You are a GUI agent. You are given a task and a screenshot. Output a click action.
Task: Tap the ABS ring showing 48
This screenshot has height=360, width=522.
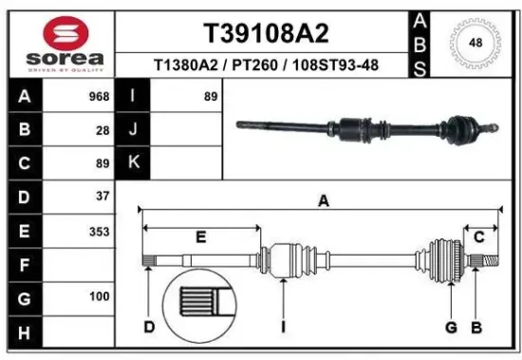coord(474,43)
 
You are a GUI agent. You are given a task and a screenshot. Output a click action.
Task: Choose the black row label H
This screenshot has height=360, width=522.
coord(23,332)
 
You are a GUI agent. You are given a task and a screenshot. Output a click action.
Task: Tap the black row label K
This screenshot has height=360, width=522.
coord(133,163)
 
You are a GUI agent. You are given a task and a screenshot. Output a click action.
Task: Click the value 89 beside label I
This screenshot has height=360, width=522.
coord(210,97)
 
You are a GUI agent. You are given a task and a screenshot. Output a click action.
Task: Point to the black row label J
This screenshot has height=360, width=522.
coord(133,130)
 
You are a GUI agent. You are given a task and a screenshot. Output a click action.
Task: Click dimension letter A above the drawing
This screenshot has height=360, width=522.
coord(323,201)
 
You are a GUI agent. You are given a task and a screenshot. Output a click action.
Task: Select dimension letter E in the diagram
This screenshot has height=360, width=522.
coord(200,236)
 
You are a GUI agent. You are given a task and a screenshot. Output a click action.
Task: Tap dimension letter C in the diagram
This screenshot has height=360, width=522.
coord(479,236)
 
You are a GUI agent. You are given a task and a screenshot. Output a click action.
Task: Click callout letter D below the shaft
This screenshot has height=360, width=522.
coord(149,328)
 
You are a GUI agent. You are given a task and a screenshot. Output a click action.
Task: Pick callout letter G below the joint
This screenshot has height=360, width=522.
coord(452,328)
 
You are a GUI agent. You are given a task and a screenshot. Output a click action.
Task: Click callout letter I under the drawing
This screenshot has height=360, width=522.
coord(283,328)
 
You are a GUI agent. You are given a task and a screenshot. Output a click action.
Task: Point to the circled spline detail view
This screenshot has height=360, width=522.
coord(197,305)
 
